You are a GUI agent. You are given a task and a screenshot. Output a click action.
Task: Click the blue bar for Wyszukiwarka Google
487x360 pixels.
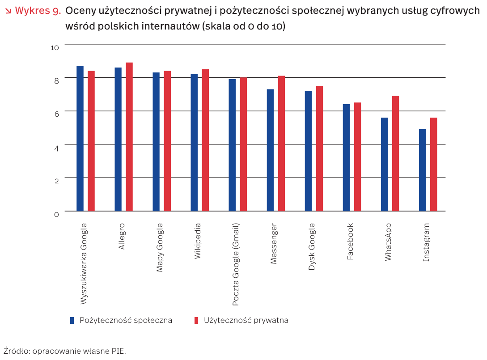80,138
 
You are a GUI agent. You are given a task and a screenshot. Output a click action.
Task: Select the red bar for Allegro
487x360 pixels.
129,136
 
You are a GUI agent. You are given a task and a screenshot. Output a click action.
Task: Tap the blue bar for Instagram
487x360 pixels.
423,170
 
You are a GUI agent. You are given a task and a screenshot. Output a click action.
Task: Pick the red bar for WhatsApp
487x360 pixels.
395,153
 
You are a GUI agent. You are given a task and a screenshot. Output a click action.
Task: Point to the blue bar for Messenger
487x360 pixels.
270,150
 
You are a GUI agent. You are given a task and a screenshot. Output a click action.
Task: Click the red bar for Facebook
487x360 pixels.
357,157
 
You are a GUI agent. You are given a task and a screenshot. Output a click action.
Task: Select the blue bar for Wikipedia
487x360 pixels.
194,142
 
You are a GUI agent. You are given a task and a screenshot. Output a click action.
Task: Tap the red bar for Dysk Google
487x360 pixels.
319,148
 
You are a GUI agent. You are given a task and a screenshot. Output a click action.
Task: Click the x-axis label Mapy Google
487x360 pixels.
160,247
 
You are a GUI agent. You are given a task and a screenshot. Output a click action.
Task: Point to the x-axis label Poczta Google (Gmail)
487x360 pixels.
236,264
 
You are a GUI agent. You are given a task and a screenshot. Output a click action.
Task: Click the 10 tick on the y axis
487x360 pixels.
55,47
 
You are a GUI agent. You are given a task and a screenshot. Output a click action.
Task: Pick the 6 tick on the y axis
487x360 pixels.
56,114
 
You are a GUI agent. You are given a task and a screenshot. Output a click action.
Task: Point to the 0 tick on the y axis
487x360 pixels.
56,215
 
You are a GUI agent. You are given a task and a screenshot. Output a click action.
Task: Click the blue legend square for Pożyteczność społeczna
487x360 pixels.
72,320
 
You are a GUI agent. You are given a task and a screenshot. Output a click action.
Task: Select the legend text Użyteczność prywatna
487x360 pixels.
246,320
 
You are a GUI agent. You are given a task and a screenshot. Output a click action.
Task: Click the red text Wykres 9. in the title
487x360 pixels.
38,11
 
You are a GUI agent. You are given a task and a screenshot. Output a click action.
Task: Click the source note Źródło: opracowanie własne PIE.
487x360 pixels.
64,351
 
